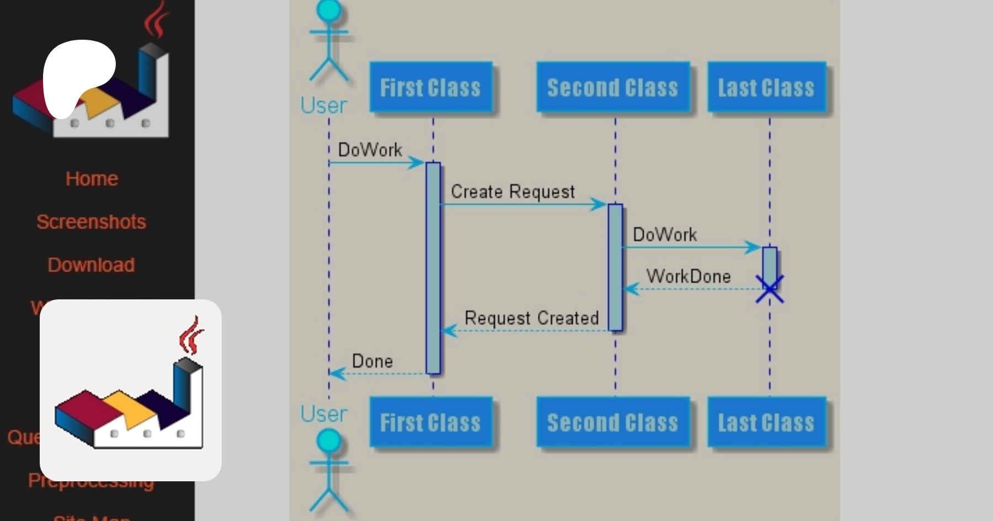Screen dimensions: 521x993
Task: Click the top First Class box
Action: [x=430, y=87]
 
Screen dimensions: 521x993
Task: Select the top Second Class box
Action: [x=612, y=87]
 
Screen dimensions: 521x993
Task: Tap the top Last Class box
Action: [x=766, y=87]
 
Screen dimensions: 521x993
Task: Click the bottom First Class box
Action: [x=430, y=422]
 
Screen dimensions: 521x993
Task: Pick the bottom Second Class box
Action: [x=612, y=422]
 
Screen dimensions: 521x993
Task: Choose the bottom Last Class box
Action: [x=766, y=422]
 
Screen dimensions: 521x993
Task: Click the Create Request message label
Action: [x=512, y=191]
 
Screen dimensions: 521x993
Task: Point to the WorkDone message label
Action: [x=688, y=276]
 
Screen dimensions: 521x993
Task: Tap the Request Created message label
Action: [x=531, y=318]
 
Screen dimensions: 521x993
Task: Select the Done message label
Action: [x=372, y=361]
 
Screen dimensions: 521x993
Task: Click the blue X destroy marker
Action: [x=770, y=289]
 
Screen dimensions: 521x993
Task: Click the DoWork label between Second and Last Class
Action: [x=665, y=234]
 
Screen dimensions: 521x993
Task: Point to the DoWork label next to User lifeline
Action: [x=370, y=149]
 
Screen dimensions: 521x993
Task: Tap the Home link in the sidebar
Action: [x=92, y=179]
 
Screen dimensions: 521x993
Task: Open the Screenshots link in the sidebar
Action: [x=91, y=222]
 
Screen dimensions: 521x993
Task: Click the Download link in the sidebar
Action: [x=91, y=265]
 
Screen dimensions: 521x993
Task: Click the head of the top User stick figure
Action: [x=329, y=10]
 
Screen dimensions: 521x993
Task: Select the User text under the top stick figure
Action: [x=324, y=105]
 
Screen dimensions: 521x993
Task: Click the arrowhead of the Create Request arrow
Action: [x=599, y=205]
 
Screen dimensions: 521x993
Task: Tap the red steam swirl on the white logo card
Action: [x=190, y=335]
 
